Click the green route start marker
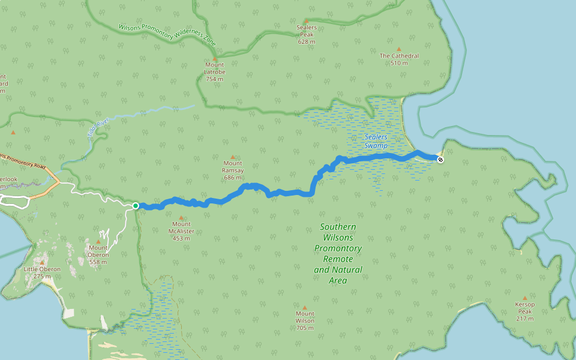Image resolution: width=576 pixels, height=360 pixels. coord(136,206)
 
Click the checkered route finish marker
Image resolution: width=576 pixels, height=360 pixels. coord(441,159)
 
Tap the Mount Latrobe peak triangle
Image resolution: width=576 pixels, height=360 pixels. coord(215,59)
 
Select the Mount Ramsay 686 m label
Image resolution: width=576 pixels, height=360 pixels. coord(233,170)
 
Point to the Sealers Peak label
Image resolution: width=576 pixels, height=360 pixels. coord(306,35)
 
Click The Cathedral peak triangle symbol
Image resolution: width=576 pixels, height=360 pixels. coord(399,49)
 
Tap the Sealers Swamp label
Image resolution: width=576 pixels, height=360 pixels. coord(376,142)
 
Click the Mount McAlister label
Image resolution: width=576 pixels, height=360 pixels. coord(181,231)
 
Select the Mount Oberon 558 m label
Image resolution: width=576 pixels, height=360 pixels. coord(98,254)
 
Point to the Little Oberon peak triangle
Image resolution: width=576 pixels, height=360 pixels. coord(42,262)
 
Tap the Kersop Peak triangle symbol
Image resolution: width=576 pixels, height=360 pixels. coord(524,298)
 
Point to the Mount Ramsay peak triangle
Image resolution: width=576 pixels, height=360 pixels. coord(233,157)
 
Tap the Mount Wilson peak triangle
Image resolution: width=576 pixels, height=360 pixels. coord(305,307)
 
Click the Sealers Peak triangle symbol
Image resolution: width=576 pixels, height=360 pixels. coord(306,21)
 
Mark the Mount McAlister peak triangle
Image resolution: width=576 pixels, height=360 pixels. coord(181,218)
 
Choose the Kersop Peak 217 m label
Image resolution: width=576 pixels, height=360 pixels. coord(524,311)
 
